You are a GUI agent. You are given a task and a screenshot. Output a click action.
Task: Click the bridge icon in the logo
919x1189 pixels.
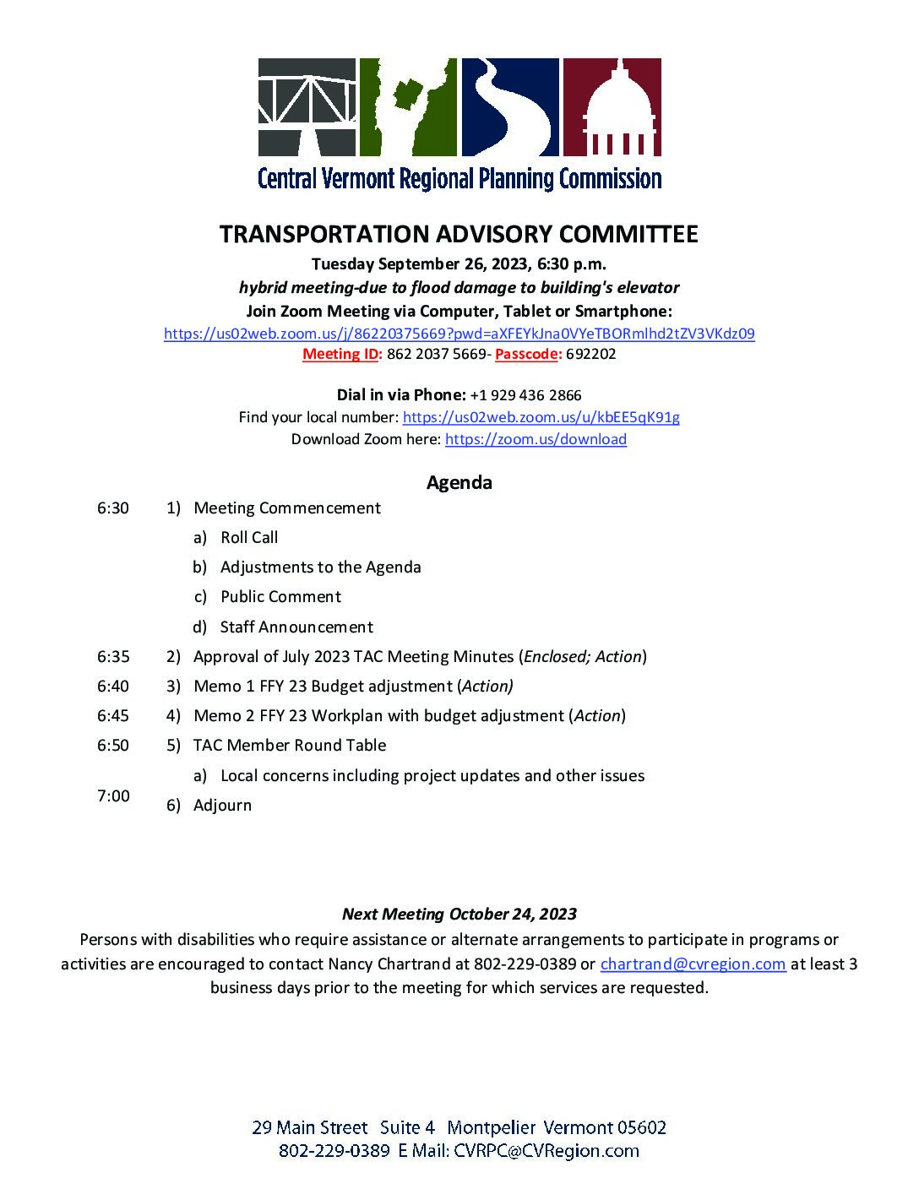click(307, 106)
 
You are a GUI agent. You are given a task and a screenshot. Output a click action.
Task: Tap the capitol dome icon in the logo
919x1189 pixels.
click(612, 106)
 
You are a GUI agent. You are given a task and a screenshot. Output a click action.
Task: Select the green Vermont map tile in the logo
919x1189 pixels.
click(408, 106)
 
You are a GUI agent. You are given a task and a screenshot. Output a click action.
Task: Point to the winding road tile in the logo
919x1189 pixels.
click(510, 106)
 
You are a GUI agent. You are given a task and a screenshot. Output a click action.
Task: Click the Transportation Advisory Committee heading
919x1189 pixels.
click(459, 234)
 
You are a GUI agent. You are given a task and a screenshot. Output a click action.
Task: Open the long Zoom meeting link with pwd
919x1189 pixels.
click(459, 334)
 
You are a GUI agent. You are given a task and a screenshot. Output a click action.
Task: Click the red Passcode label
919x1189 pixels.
click(528, 354)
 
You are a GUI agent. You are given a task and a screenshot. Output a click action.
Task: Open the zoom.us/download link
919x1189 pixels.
click(536, 439)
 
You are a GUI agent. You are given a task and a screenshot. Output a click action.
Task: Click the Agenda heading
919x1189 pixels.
click(459, 483)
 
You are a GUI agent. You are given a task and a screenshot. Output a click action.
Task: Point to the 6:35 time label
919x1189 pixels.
click(113, 656)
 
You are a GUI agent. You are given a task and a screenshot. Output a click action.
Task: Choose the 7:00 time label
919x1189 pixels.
click(113, 795)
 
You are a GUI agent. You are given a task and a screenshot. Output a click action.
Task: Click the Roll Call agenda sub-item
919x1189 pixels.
click(249, 538)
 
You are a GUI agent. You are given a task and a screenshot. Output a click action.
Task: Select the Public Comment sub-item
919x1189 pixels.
click(280, 597)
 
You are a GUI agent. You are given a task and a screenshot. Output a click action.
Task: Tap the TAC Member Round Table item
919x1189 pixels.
click(290, 746)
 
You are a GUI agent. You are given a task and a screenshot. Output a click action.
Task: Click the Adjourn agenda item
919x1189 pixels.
click(222, 805)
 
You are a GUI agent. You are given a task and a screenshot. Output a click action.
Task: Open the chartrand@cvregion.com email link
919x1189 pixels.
click(693, 964)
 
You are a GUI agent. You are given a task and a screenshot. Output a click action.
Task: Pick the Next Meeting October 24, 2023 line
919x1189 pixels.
click(459, 914)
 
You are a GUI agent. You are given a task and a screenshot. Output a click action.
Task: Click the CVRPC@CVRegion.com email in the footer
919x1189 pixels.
click(546, 1150)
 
